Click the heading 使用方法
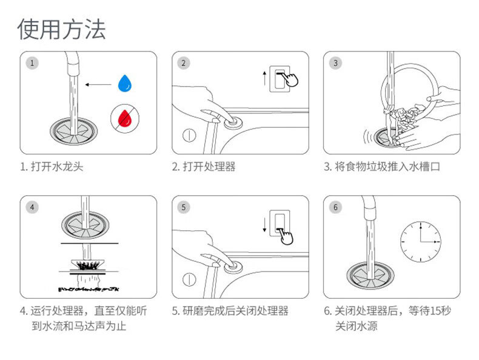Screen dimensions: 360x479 pyautogui.click(x=61, y=28)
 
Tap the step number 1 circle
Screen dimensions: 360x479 pyautogui.click(x=32, y=62)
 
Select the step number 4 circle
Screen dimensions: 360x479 pyautogui.click(x=32, y=207)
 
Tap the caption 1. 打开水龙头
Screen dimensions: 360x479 pyautogui.click(x=52, y=166)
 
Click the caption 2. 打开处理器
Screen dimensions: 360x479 pyautogui.click(x=204, y=166)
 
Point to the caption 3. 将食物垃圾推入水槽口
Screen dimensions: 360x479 pyautogui.click(x=381, y=166)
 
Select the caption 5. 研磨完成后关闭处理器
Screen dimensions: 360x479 pyautogui.click(x=230, y=311)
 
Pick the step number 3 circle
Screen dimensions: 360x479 pyautogui.click(x=335, y=62)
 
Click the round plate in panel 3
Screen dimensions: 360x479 pyautogui.click(x=407, y=85)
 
